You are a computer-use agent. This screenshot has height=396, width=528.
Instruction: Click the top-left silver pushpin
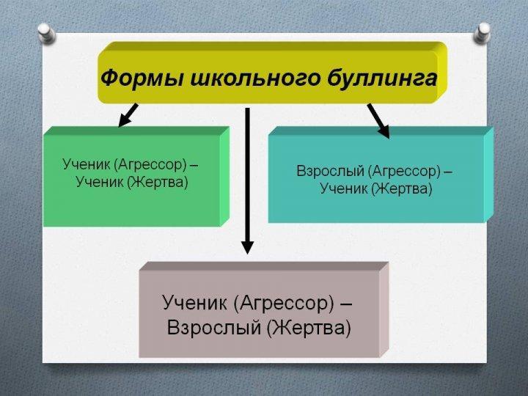[46, 33]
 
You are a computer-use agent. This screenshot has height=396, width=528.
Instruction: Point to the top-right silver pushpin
[483, 33]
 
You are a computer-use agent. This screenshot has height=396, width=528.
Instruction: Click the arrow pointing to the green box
[128, 115]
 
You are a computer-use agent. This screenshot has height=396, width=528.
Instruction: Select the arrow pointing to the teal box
[378, 120]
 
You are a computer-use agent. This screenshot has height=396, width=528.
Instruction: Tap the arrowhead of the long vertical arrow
[248, 247]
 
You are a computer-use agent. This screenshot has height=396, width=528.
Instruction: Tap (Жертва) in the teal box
[401, 188]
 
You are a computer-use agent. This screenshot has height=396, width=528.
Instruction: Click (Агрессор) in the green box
[150, 165]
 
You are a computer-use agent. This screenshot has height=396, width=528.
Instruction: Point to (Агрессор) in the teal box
[404, 172]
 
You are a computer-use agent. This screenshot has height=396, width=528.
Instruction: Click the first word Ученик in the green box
[87, 164]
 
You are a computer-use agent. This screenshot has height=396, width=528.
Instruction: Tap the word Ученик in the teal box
[344, 188]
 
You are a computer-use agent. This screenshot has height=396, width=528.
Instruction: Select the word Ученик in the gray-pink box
[195, 302]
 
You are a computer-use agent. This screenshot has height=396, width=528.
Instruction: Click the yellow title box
[272, 73]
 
